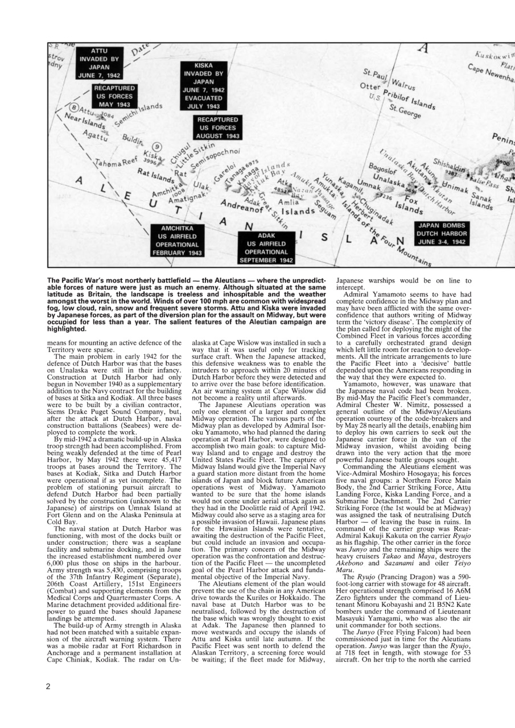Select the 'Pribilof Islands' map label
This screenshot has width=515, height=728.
(407, 100)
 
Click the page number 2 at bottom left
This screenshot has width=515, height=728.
(49, 685)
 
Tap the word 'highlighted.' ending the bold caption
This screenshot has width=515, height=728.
(66, 328)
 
